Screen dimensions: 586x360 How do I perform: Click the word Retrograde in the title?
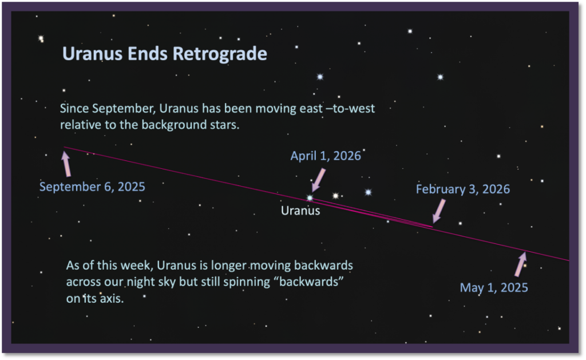pos(220,54)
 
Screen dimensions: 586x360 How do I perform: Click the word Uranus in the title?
pos(92,53)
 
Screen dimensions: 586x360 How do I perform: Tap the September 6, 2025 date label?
pos(92,187)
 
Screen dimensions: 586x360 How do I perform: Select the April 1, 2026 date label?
pos(326,156)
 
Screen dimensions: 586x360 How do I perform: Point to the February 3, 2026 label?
pos(462,189)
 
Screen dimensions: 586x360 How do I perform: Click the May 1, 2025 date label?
pos(494,287)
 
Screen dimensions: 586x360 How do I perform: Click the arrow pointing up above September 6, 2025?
pos(66,163)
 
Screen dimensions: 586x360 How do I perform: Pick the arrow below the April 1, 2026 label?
pos(318,180)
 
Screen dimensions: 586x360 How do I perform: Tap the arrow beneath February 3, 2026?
pos(439,211)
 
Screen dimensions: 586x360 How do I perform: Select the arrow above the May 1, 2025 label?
pos(521,264)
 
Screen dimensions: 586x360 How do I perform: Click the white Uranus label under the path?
pos(300,211)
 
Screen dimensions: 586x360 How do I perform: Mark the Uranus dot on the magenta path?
pos(310,198)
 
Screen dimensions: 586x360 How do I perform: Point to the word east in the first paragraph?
pos(311,109)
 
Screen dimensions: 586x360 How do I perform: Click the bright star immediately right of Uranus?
pos(335,196)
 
